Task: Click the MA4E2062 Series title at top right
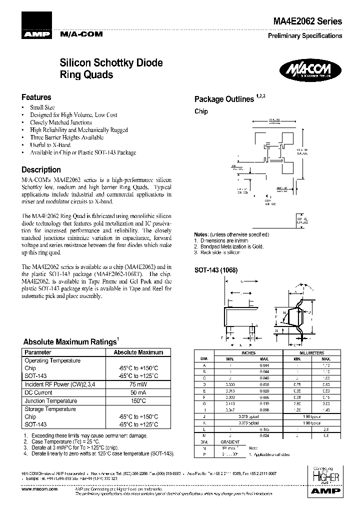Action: (x=307, y=21)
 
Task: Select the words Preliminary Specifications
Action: (x=305, y=35)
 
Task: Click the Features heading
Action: (x=36, y=97)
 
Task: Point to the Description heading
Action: (x=41, y=169)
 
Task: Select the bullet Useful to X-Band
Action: (x=50, y=145)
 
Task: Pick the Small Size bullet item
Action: (x=42, y=107)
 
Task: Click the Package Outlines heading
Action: (x=224, y=99)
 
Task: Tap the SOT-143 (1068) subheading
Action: (x=215, y=270)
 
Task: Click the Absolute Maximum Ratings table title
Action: (x=70, y=342)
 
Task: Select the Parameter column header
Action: (x=37, y=352)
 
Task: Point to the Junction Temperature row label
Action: (x=49, y=400)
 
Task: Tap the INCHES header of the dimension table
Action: (x=248, y=352)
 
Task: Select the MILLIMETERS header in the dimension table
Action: (x=311, y=352)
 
